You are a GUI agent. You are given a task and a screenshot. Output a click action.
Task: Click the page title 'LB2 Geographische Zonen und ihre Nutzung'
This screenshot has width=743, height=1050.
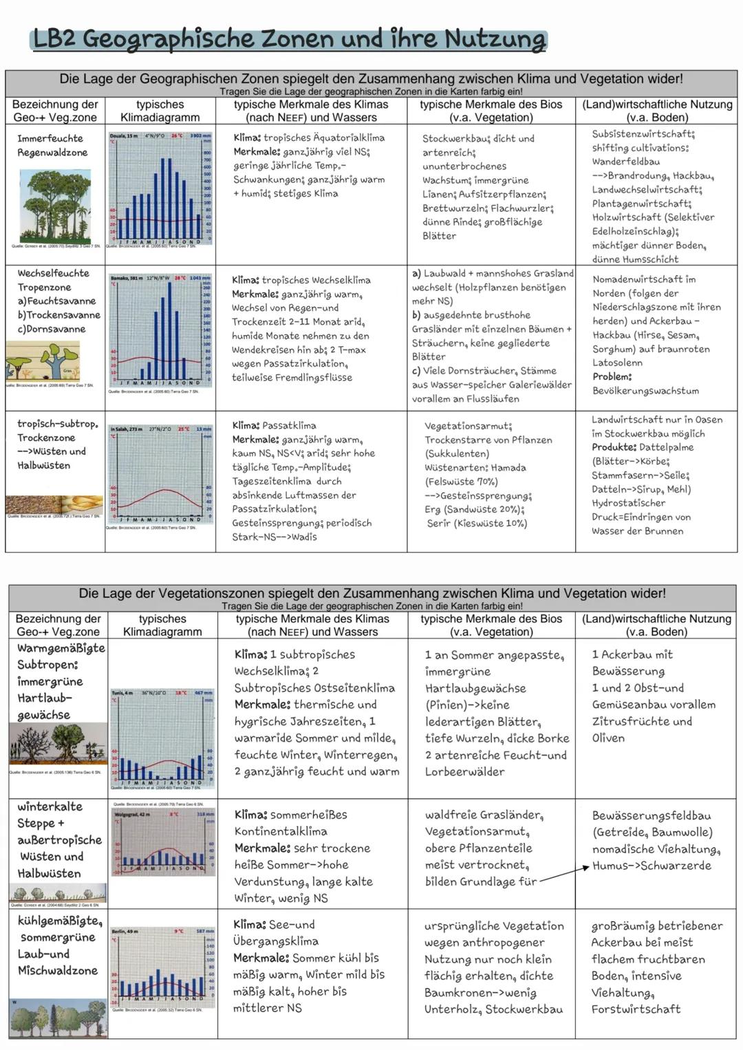pyautogui.click(x=289, y=39)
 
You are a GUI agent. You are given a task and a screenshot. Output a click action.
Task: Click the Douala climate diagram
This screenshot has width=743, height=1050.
pyautogui.click(x=160, y=189)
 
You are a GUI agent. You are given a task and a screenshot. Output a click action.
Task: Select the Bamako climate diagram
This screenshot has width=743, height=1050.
pyautogui.click(x=160, y=331)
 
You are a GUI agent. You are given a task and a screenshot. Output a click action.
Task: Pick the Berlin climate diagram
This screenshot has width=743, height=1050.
pyautogui.click(x=163, y=966)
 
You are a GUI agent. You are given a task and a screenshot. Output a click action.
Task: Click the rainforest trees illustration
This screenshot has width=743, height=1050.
pyautogui.click(x=55, y=206)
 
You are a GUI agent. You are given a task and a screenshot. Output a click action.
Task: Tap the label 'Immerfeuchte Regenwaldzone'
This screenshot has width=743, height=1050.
pyautogui.click(x=52, y=145)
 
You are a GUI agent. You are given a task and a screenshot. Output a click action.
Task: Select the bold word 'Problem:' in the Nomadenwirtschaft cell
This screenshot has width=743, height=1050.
pyautogui.click(x=612, y=376)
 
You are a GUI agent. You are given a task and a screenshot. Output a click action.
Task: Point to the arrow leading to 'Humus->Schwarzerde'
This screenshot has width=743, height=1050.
pyautogui.click(x=564, y=873)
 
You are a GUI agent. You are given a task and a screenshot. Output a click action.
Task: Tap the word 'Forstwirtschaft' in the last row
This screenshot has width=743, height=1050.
pyautogui.click(x=636, y=1009)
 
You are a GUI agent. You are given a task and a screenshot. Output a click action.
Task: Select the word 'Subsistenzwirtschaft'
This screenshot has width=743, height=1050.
pyautogui.click(x=643, y=134)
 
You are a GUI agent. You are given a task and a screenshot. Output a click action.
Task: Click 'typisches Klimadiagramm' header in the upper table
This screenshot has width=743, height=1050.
pyautogui.click(x=160, y=111)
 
